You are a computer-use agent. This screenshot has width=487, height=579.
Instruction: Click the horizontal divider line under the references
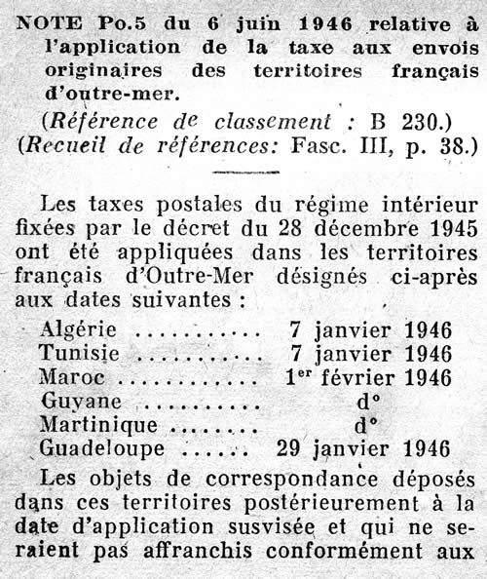[x=245, y=174]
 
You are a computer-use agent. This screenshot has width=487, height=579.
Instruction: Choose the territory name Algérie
[x=78, y=330]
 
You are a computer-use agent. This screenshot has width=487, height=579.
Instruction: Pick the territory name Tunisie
[x=77, y=353]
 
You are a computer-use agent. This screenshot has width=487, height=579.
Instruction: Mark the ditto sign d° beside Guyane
[x=363, y=401]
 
